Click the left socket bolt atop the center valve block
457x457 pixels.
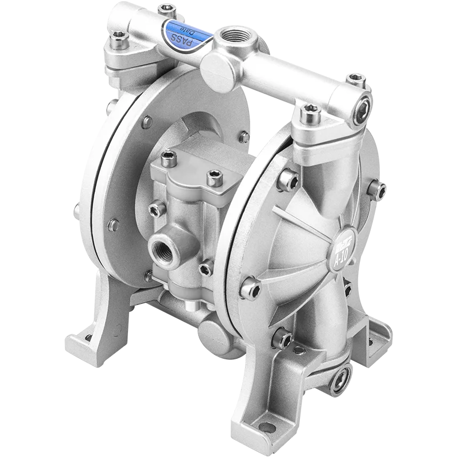(169, 158)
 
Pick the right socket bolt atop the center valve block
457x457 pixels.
(214, 177)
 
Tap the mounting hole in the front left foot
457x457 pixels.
(88, 337)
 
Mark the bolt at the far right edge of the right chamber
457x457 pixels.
(376, 190)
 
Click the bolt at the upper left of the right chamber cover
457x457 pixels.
(287, 181)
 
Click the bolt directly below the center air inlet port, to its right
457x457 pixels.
(206, 268)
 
